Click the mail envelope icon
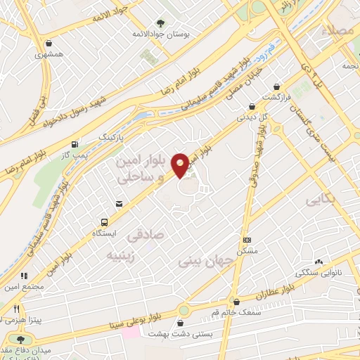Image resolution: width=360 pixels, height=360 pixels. (x=119, y=204)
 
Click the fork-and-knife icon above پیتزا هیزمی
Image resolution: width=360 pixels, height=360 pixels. (x=18, y=308)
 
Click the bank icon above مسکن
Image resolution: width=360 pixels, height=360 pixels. (x=246, y=240)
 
